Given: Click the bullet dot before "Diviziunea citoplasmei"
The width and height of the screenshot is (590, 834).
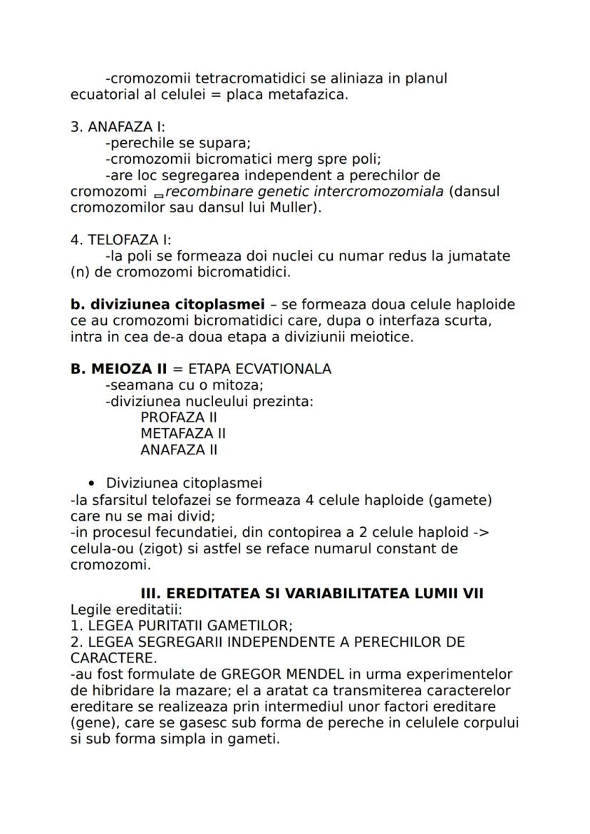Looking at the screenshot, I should tap(91, 484).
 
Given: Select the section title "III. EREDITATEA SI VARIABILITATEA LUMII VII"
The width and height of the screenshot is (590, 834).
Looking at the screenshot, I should tap(312, 593).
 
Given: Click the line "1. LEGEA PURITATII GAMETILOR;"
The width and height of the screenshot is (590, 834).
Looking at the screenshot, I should tap(181, 626).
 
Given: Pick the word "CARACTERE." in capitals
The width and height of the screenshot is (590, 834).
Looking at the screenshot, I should tap(113, 658).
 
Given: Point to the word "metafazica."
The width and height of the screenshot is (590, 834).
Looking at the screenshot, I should tap(308, 95).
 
